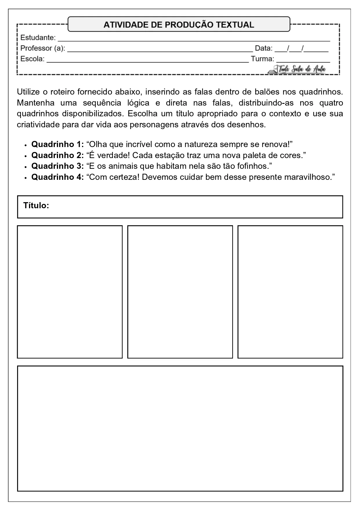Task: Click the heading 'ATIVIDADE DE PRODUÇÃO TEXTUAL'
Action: [x=179, y=25]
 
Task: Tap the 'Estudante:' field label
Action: [x=38, y=38]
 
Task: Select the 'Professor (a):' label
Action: [x=43, y=48]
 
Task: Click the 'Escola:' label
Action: [x=32, y=59]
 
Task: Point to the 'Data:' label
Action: [x=263, y=48]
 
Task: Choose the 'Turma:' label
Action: [x=262, y=59]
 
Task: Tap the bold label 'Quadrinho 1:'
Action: [x=57, y=144]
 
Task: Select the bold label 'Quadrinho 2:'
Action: [x=57, y=155]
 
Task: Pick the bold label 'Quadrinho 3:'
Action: [x=57, y=166]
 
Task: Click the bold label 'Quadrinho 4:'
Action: [x=57, y=177]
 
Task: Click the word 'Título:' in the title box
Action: [x=36, y=206]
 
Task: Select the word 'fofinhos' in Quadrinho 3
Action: [x=253, y=166]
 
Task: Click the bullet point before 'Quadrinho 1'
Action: [x=26, y=145]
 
